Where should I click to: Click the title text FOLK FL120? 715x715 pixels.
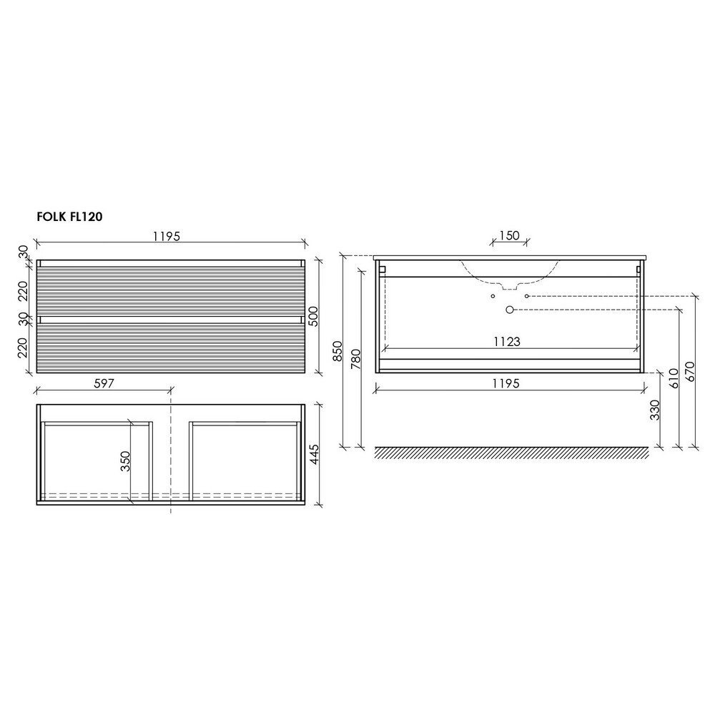[x=69, y=217]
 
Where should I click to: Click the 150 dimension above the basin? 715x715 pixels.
[x=509, y=235]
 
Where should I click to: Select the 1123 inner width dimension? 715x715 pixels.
[x=507, y=342]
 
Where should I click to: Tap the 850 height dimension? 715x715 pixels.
[x=337, y=351]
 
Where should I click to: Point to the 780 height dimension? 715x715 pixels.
[x=356, y=359]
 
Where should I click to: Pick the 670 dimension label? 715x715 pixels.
[x=689, y=372]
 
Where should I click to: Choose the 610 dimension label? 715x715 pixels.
[x=674, y=378]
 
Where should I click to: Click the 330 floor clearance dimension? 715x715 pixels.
[x=654, y=410]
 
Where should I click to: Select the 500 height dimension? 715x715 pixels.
[x=314, y=317]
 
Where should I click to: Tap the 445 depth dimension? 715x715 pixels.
[x=314, y=455]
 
